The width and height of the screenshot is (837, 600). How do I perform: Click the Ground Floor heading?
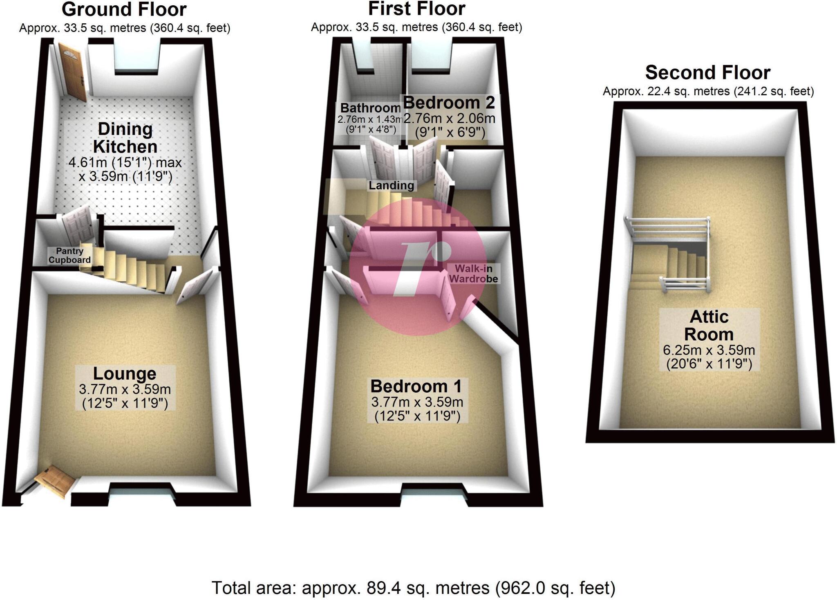coord(124,9)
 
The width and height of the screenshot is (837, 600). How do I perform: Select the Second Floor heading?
coord(708,72)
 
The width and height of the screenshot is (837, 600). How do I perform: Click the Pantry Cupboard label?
coord(69,255)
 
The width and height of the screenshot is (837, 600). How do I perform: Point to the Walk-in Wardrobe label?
coord(474,274)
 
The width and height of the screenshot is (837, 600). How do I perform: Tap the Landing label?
coord(391,185)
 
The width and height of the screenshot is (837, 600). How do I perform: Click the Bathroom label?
coord(370,108)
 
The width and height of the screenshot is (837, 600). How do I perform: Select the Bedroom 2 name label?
coord(449,102)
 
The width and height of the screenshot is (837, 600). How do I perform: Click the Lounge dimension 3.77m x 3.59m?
coord(125,389)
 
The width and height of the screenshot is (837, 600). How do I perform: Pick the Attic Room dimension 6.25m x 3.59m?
coord(709,350)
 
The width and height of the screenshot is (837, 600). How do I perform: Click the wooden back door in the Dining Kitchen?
coord(72,72)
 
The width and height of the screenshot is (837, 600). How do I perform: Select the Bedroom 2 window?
coord(432,55)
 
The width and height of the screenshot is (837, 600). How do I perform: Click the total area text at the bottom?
coord(413,588)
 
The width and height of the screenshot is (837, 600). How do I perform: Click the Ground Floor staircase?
coord(131,268)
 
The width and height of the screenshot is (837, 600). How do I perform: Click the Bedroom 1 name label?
coord(416,386)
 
